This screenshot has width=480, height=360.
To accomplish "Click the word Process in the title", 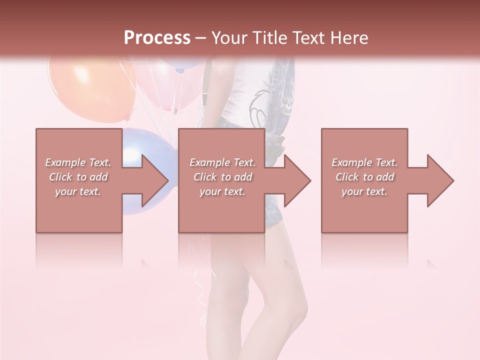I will click(x=157, y=37).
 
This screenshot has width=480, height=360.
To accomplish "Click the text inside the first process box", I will click(x=78, y=177).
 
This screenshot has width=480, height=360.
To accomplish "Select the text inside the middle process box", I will click(x=222, y=177).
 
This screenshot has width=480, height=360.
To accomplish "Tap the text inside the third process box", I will click(x=364, y=177).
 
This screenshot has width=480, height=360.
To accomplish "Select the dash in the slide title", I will click(x=201, y=38).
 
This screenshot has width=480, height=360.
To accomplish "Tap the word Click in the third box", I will click(x=347, y=177).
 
